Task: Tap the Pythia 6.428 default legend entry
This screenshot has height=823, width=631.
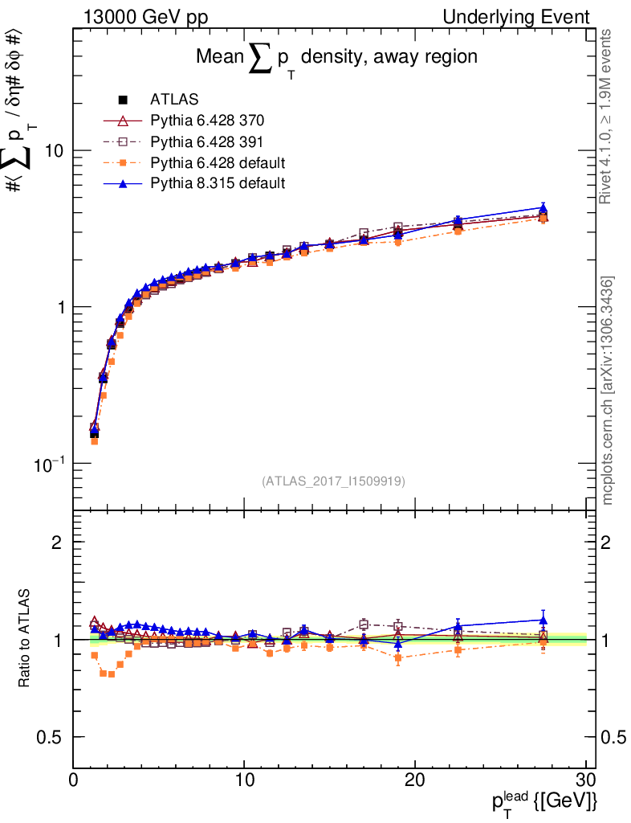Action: (218, 163)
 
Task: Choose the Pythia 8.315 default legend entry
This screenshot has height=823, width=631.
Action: (218, 184)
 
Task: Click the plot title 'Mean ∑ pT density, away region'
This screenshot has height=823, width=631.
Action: (337, 58)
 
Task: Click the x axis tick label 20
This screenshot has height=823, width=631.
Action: (414, 780)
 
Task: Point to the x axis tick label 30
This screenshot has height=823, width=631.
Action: (585, 780)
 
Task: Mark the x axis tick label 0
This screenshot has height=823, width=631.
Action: (73, 780)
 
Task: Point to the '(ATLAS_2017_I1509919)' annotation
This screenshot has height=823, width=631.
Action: (333, 481)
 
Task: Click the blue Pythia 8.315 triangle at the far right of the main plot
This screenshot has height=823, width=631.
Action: (543, 208)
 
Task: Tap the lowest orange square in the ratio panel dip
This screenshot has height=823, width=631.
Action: (111, 674)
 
